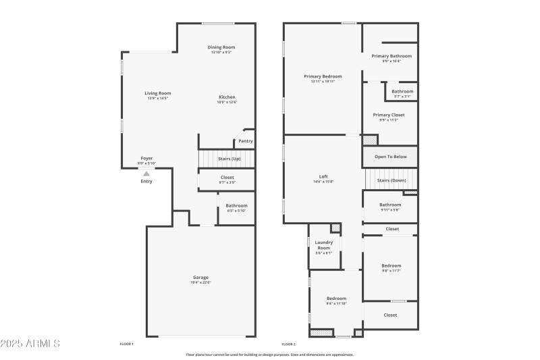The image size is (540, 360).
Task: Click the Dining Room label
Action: [221, 47]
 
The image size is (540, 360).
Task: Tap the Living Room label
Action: [157, 93]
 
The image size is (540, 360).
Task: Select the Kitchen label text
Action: [226, 97]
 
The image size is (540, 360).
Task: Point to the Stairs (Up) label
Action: [229, 159]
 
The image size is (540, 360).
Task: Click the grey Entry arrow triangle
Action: [146, 174]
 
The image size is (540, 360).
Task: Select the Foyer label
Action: [146, 158]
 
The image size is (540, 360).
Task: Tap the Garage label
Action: [200, 278]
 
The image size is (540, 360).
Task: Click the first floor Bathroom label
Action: [236, 205]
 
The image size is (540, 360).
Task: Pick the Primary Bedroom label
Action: [323, 76]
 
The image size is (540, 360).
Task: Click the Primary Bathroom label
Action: [391, 56]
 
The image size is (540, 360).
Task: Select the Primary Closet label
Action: [389, 115]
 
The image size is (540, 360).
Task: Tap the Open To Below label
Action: [390, 157]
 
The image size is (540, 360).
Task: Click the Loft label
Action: [323, 176]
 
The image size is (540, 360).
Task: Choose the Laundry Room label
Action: [323, 245]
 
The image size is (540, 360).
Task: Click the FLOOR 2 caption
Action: [289, 344]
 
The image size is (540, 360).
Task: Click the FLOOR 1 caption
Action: [127, 344]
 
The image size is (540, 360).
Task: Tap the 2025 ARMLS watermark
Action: [30, 344]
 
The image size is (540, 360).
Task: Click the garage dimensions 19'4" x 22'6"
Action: [200, 282]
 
